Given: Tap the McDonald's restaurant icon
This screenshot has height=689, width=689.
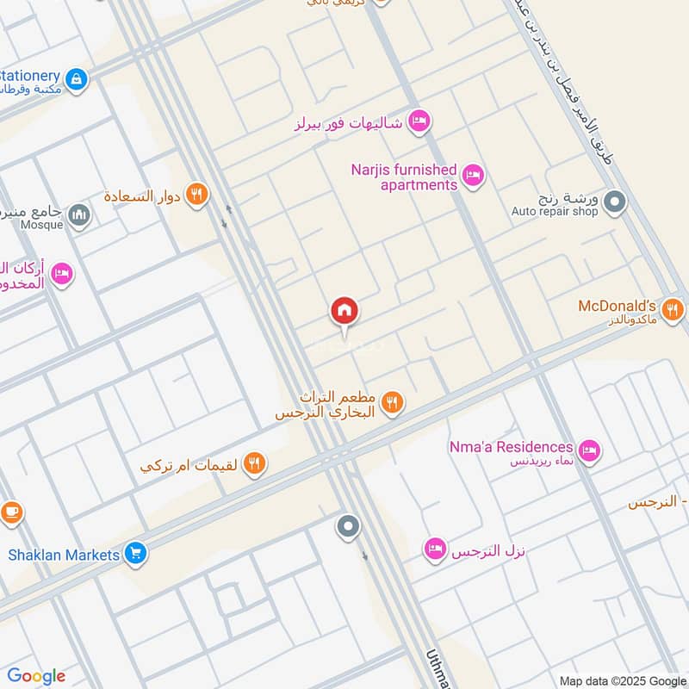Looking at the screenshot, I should (x=673, y=308).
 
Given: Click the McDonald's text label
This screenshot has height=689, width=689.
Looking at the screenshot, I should (x=618, y=307).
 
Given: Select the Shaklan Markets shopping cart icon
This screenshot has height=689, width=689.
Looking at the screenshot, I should (x=134, y=555).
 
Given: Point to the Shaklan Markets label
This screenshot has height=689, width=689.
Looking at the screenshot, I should (x=64, y=555).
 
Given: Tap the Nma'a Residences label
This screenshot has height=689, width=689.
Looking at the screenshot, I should (x=511, y=447).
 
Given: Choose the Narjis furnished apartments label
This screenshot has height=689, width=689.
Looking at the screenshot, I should (x=404, y=177).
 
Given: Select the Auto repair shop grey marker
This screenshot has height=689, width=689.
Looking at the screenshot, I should (x=614, y=202).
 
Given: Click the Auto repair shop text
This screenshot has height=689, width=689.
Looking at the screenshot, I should (x=554, y=211).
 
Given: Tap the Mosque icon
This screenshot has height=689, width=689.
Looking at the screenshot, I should (x=79, y=214).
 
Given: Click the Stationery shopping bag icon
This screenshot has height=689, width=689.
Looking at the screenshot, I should (x=77, y=79).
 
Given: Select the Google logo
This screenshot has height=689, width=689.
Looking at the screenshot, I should (x=36, y=676).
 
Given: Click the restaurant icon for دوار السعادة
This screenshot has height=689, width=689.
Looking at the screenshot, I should (x=197, y=196).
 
